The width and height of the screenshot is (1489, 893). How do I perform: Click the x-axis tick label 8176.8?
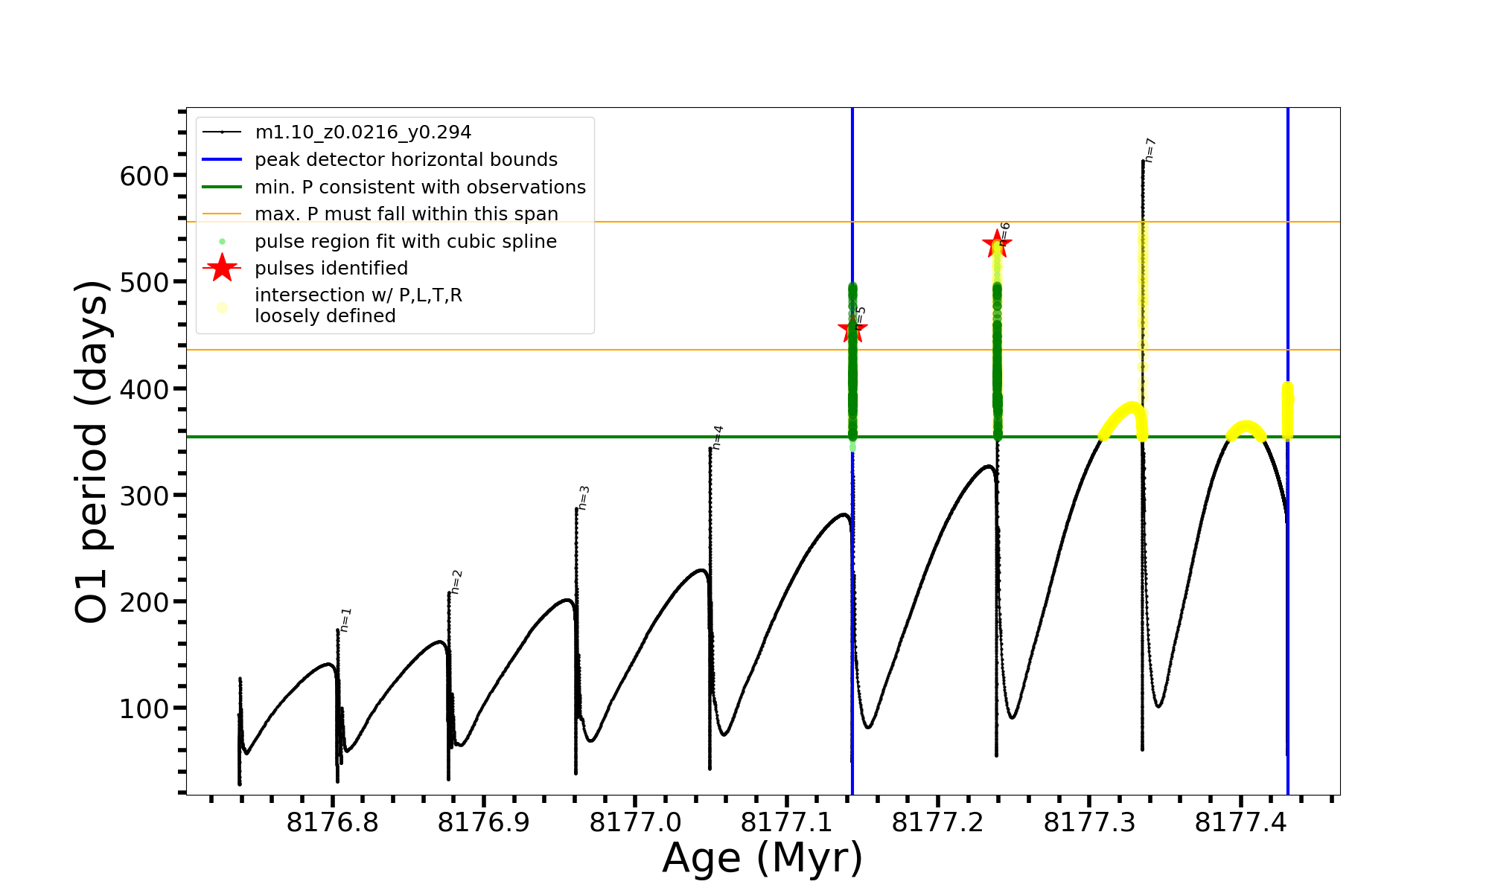click(332, 823)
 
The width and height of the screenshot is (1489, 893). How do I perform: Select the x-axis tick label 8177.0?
click(635, 823)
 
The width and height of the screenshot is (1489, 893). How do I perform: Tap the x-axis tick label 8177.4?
click(1240, 823)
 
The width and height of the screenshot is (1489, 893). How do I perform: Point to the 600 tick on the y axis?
click(144, 176)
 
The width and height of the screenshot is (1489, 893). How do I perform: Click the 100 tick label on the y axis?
click(144, 709)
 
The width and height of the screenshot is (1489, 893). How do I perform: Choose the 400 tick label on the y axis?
click(144, 389)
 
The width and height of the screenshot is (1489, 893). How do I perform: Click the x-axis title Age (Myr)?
click(762, 858)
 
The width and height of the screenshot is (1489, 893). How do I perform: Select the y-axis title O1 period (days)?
click(92, 452)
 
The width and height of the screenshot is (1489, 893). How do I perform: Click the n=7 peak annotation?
click(1150, 150)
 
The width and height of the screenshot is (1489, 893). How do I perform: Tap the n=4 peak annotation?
click(717, 438)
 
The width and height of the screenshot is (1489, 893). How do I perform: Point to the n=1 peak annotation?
click(345, 620)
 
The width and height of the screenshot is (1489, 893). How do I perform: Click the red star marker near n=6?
click(996, 243)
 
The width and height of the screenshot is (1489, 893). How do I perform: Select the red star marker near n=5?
click(852, 330)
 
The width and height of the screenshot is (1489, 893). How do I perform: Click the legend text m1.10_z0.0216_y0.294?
click(363, 132)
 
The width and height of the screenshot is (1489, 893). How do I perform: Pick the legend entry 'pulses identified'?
click(331, 268)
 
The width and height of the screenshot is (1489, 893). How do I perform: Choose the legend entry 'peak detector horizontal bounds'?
click(406, 160)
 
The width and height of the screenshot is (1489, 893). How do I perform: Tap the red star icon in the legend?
click(222, 268)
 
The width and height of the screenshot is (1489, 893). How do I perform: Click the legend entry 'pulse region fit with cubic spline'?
click(406, 242)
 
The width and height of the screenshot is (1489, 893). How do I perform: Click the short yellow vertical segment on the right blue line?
click(1287, 411)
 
